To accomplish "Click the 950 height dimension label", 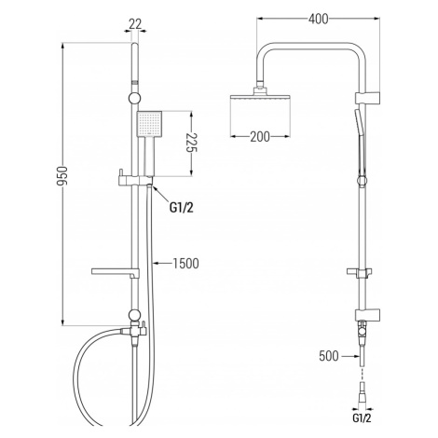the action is [x=62, y=176].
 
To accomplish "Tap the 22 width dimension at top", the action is [x=135, y=24].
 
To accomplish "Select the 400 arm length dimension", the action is [x=318, y=19].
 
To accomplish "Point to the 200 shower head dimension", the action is [x=260, y=136].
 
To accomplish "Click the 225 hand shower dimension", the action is [x=192, y=143].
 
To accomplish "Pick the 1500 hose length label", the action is [x=185, y=264].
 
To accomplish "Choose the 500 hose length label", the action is [x=329, y=356].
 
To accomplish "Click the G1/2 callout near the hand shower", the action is [x=182, y=208].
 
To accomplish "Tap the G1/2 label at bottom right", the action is [x=362, y=418].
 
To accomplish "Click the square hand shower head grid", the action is [x=149, y=124].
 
